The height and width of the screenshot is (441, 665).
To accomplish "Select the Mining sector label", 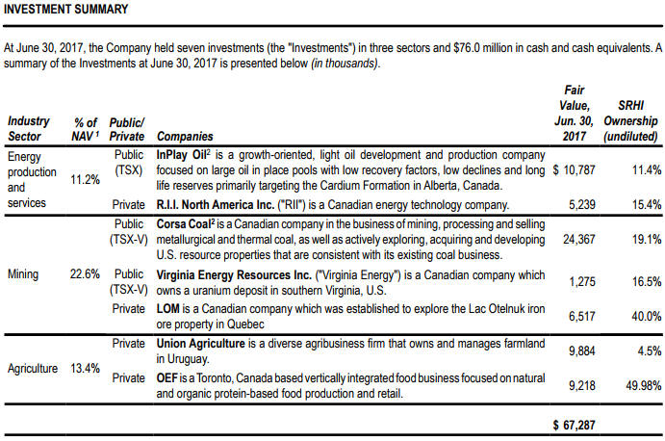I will coord(23,274).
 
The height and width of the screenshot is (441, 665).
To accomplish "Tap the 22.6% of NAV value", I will coord(85,274).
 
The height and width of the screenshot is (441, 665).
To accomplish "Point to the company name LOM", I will coord(169,309).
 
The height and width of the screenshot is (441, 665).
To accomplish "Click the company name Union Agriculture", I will coord(201,344).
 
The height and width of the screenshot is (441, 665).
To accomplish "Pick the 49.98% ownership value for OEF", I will coord(638,385).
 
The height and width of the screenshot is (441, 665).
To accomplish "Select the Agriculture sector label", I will coord(32,369).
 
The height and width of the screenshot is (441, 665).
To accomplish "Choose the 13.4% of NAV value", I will coord(85,369).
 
